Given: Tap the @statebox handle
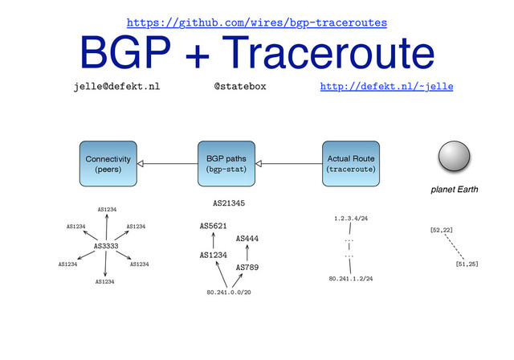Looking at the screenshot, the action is tap(239, 85).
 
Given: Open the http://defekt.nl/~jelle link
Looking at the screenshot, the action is tap(386, 85).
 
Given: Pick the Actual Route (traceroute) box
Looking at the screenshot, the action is tap(351, 164).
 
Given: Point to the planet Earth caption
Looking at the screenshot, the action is tap(455, 190).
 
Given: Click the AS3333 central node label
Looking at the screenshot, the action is tap(107, 245).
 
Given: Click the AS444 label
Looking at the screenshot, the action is tap(247, 239).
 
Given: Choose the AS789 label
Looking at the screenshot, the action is tap(247, 267).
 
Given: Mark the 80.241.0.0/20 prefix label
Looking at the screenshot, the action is tap(229, 292).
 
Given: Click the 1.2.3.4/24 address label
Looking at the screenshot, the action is tap(350, 218).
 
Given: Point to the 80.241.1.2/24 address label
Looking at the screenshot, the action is tap(350, 279).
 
